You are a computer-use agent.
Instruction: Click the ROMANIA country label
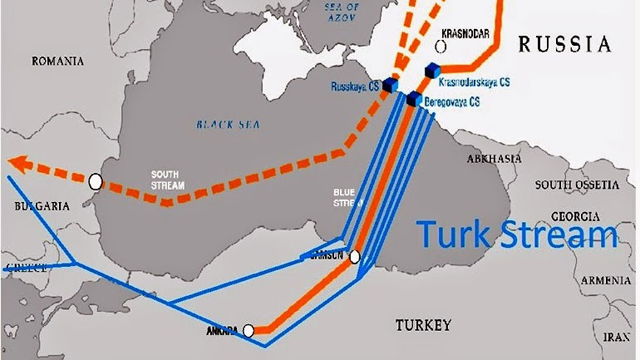pyautogui.click(x=58, y=61)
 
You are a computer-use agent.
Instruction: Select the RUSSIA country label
pyautogui.click(x=564, y=44)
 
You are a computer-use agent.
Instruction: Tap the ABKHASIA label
pyautogui.click(x=494, y=157)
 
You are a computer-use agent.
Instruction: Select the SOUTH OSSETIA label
pyautogui.click(x=577, y=184)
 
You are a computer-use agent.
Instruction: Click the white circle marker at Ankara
pyautogui.click(x=248, y=330)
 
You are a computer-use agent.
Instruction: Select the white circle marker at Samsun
pyautogui.click(x=355, y=257)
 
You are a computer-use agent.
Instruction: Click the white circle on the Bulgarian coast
pyautogui.click(x=96, y=180)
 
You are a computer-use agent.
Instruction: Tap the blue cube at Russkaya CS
pyautogui.click(x=389, y=84)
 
